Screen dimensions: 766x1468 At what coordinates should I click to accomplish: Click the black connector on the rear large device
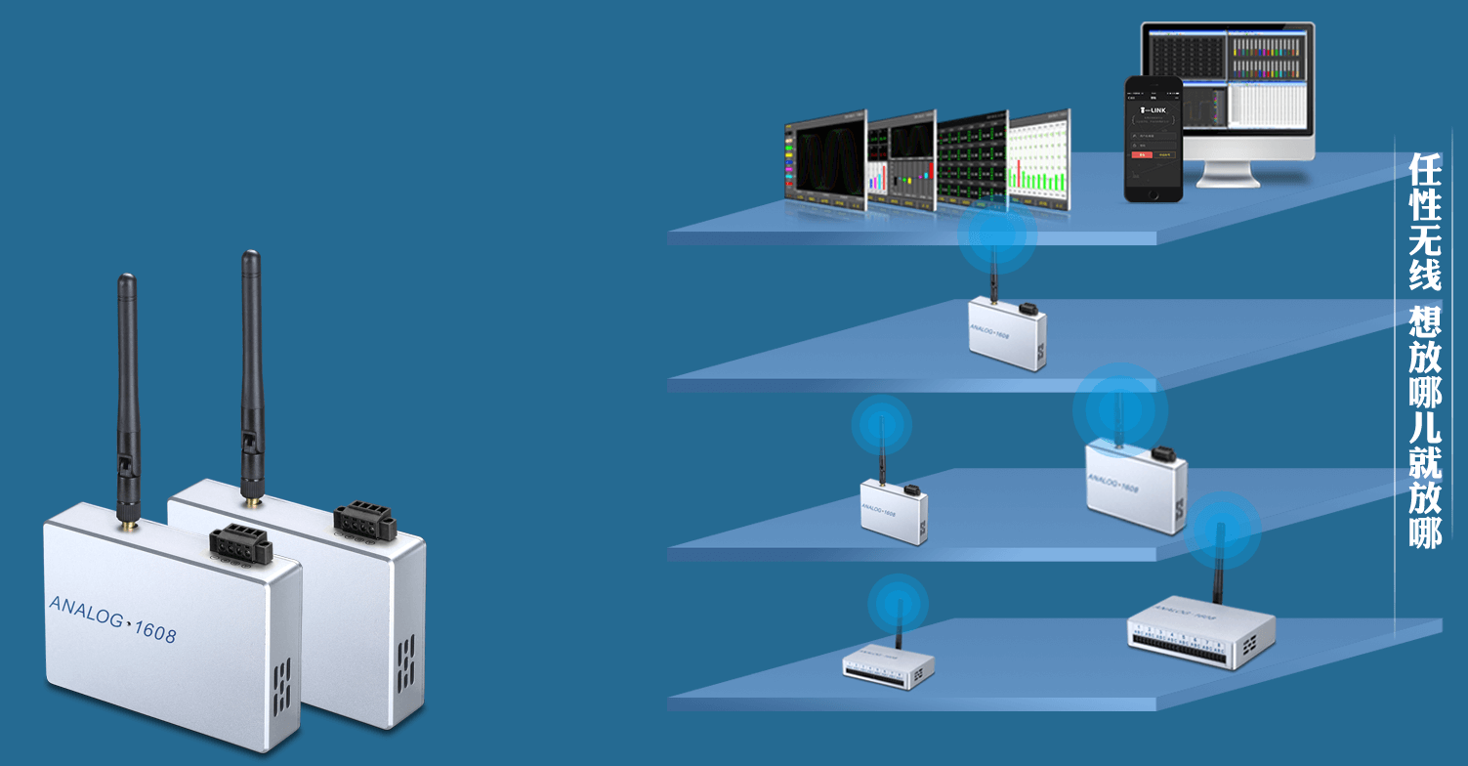[x=363, y=519]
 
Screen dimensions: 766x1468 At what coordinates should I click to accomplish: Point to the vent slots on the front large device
[x=281, y=684]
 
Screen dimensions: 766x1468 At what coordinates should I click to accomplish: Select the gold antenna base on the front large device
[x=127, y=526]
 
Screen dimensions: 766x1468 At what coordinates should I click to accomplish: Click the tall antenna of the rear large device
[x=252, y=371]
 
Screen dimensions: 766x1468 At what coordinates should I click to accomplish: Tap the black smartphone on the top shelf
[x=1153, y=139]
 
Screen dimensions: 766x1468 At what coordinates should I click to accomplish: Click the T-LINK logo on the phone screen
[x=1153, y=110]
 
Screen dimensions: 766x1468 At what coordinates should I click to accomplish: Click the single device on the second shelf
[x=1007, y=333]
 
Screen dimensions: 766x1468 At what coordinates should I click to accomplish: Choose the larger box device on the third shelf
[x=1136, y=485]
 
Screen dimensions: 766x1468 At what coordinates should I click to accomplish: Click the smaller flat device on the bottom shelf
[x=888, y=667]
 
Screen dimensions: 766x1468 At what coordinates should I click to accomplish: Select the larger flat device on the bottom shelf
[x=1200, y=630]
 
